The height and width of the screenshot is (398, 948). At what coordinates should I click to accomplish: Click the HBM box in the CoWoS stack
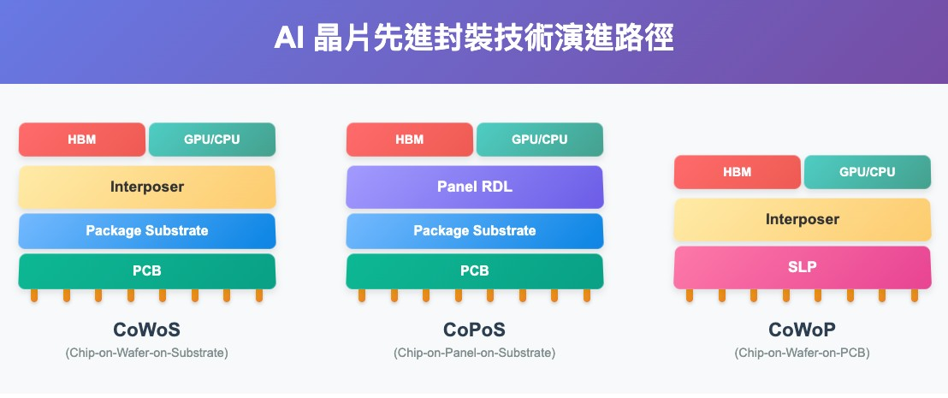82,140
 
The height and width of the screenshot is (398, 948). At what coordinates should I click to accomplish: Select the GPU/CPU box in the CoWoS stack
212,140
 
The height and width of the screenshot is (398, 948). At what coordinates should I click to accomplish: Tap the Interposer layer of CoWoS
147,187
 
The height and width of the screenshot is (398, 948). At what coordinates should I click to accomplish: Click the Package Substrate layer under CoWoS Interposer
147,230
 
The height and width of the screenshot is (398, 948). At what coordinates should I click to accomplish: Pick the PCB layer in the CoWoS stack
147,271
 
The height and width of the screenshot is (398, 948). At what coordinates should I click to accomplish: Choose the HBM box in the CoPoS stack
410,140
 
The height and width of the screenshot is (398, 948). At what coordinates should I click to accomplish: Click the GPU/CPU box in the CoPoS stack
540,140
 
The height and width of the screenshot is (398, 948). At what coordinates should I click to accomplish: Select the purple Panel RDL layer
475,187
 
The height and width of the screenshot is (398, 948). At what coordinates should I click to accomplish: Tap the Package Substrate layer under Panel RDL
475,230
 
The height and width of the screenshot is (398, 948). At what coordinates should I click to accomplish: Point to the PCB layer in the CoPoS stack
475,271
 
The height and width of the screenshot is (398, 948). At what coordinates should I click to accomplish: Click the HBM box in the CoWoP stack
738,172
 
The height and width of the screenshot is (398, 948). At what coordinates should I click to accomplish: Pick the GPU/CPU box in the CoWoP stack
868,172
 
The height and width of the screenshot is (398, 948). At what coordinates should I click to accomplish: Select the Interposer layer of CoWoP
803,219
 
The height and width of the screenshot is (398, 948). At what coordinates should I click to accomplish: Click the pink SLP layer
803,266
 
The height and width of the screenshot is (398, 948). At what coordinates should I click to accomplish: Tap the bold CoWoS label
147,330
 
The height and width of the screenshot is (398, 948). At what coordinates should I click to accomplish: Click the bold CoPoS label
475,330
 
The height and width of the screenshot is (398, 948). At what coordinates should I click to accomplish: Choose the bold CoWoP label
803,330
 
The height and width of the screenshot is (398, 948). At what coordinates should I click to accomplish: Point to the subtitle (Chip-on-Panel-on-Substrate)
475,353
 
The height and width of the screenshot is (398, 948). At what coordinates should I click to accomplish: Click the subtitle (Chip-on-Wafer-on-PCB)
803,353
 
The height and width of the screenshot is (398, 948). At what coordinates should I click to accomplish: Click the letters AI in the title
290,39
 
